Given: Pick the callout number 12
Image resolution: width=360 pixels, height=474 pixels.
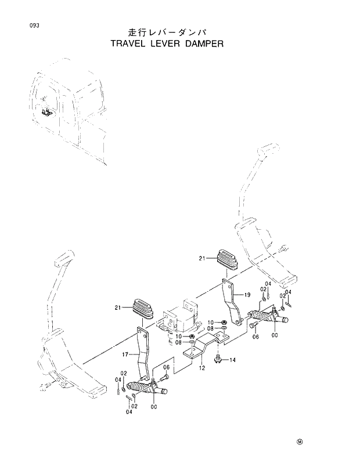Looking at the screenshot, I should (x=201, y=367).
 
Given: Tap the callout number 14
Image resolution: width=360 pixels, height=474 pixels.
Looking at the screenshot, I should (x=232, y=360).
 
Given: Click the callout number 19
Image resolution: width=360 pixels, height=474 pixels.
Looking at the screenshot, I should (x=247, y=295).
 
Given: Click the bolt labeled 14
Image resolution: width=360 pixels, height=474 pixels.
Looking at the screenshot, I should (x=217, y=360).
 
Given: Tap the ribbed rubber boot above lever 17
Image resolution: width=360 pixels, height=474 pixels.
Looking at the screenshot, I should (x=142, y=309).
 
